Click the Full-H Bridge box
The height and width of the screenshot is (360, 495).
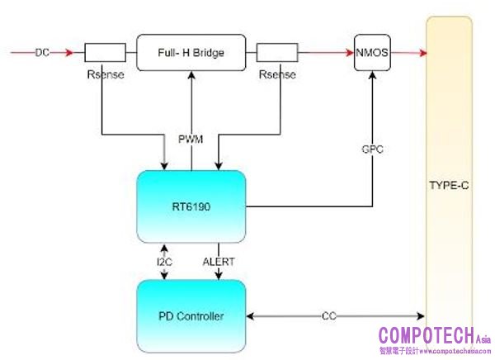click(x=191, y=53)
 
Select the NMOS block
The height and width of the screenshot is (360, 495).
click(x=371, y=52)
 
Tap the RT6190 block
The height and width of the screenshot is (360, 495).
click(x=191, y=207)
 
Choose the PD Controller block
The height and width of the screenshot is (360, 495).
click(x=191, y=315)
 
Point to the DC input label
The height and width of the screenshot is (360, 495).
click(x=42, y=53)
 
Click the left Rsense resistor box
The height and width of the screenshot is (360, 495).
click(x=106, y=53)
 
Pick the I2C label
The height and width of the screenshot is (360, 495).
click(x=166, y=262)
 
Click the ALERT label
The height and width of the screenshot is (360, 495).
click(x=218, y=262)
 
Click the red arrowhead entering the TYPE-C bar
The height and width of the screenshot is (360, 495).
click(x=422, y=53)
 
